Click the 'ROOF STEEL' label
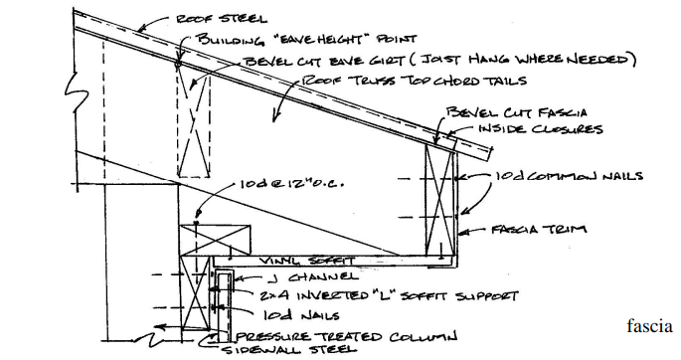[221, 19]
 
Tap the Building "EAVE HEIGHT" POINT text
[307, 39]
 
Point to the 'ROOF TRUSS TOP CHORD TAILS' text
[415, 81]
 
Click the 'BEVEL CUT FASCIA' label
[516, 112]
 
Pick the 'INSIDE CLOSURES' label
[541, 129]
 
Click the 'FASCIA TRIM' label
[539, 229]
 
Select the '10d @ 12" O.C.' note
[292, 184]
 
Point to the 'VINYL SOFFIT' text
[307, 261]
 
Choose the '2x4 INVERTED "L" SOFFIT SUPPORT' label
[389, 296]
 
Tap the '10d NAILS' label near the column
[301, 315]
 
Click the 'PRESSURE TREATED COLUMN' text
[346, 336]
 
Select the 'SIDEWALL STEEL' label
[289, 350]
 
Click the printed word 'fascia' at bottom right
[649, 326]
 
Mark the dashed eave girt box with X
[194, 120]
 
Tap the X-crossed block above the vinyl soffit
[216, 240]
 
